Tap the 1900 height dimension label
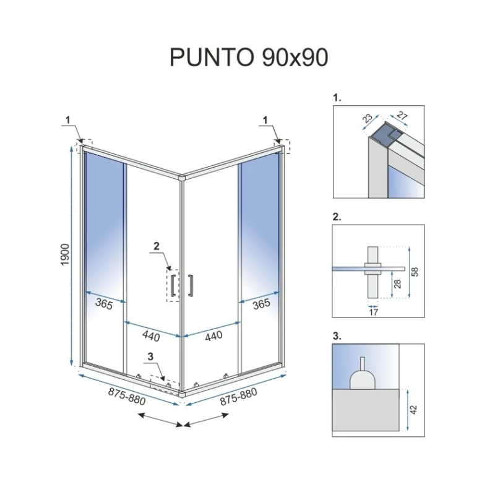(67, 256)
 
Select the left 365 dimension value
(103, 303)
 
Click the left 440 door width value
(151, 337)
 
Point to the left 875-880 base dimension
(126, 396)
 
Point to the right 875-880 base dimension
(238, 396)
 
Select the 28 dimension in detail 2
(397, 284)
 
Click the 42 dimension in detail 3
(414, 409)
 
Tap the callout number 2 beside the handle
(157, 246)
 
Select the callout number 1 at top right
(266, 120)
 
